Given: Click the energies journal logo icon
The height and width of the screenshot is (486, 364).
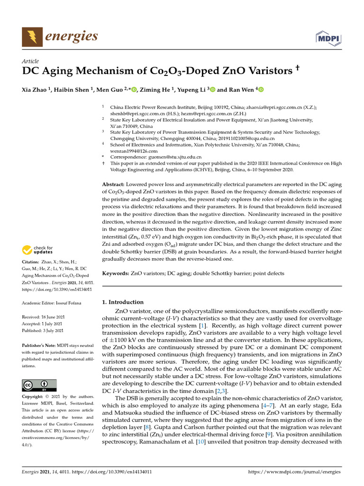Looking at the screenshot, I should click(x=32, y=37).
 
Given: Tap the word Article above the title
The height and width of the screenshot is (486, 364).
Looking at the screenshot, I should click(x=31, y=61).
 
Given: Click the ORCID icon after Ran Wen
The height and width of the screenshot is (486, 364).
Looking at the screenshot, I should click(x=260, y=89).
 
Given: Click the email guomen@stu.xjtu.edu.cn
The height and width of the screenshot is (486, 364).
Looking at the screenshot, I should click(x=173, y=157).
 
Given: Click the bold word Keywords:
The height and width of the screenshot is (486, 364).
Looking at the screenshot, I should click(x=116, y=273).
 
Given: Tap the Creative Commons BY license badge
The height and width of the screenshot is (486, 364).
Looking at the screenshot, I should click(x=39, y=385).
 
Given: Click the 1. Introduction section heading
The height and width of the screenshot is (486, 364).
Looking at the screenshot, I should click(x=123, y=302).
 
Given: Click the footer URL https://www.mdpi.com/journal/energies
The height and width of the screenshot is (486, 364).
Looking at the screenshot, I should click(x=294, y=472).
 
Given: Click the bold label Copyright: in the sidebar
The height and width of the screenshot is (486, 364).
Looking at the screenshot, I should click(x=34, y=396).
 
